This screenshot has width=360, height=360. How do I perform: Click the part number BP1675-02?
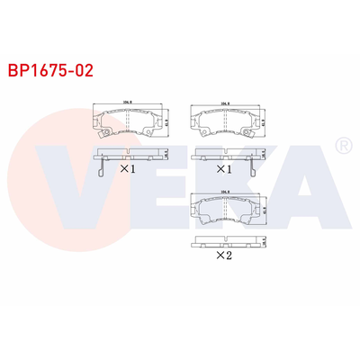point(49,67)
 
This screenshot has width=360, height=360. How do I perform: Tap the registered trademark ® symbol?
point(342,145)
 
